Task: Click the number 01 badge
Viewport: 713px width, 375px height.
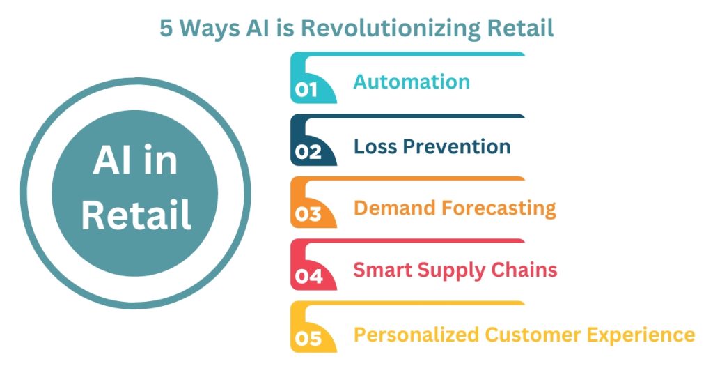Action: pyautogui.click(x=306, y=89)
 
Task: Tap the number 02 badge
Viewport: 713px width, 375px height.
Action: pyautogui.click(x=308, y=151)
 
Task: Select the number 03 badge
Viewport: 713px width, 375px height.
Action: pyautogui.click(x=308, y=214)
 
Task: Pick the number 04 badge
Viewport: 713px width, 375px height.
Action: pyautogui.click(x=308, y=276)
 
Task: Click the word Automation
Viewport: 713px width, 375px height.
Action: pyautogui.click(x=412, y=82)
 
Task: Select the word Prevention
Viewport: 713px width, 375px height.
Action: pyautogui.click(x=457, y=146)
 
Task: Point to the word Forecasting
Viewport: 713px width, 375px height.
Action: pyautogui.click(x=499, y=209)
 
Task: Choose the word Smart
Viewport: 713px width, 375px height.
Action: pyautogui.click(x=383, y=270)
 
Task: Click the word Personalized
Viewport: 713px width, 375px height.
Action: pyautogui.click(x=416, y=335)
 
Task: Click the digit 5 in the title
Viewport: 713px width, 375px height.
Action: pyautogui.click(x=166, y=28)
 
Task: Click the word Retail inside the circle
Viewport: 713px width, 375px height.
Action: pyautogui.click(x=136, y=215)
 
